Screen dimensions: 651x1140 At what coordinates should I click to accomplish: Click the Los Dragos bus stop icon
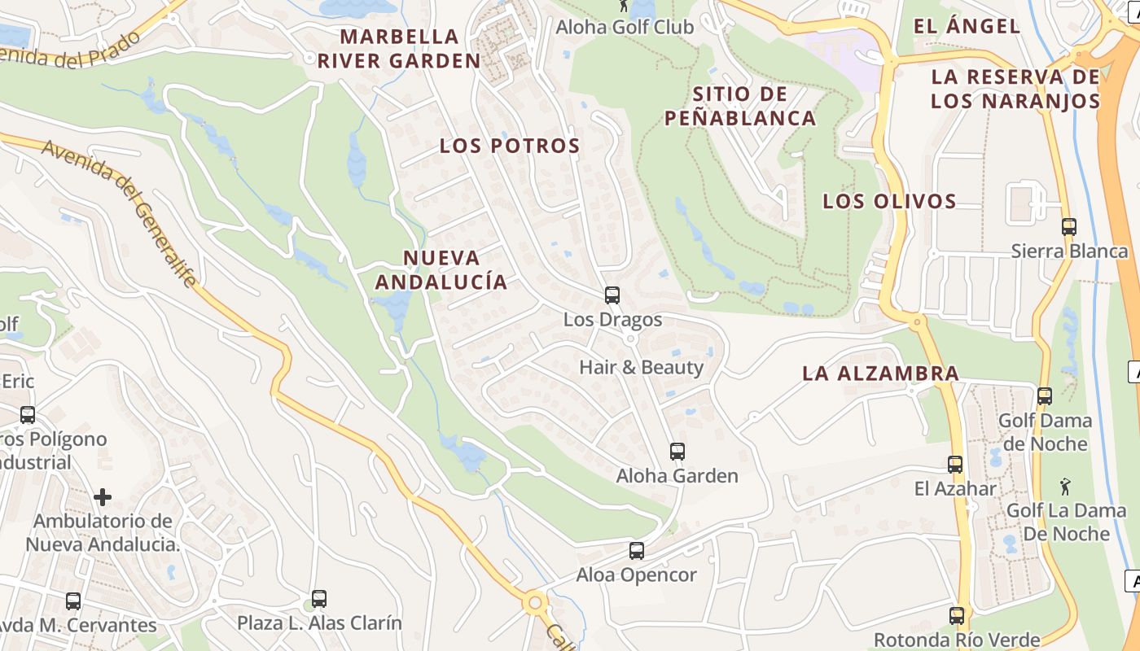click(612, 295)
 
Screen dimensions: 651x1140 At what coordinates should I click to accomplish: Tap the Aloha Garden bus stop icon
click(677, 451)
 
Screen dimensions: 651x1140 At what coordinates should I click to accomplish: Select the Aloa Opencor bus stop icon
click(637, 551)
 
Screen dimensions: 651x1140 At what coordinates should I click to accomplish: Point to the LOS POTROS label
click(510, 146)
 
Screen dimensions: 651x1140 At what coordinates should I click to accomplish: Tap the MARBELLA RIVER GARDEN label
click(399, 49)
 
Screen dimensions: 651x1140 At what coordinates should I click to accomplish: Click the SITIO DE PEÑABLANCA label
click(740, 106)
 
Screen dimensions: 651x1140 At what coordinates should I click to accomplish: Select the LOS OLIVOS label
click(888, 201)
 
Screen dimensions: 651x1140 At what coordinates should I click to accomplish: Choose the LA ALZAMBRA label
click(880, 374)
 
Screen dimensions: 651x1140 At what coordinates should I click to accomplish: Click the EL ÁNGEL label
click(967, 26)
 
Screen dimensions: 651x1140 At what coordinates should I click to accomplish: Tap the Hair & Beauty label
click(641, 367)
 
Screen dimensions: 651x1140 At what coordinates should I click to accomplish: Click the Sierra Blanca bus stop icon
click(1069, 227)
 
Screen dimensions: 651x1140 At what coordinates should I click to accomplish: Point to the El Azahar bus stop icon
click(955, 465)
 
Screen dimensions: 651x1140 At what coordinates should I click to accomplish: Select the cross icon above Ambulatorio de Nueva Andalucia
click(103, 496)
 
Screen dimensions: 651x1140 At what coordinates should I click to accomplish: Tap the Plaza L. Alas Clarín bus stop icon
click(319, 599)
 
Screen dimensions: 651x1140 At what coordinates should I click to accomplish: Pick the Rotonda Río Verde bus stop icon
click(957, 616)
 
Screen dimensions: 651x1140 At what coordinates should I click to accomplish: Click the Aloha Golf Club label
click(625, 27)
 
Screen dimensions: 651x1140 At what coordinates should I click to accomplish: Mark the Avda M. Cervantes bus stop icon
click(73, 601)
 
